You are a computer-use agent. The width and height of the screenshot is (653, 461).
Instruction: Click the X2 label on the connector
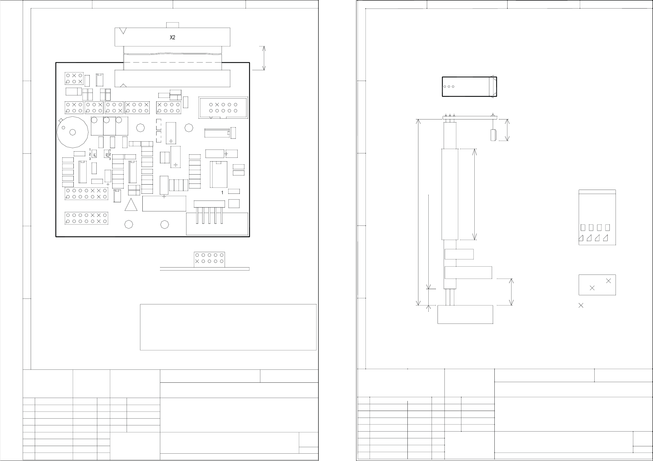[172, 38]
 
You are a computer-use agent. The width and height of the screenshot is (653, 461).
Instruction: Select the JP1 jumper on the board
[94, 155]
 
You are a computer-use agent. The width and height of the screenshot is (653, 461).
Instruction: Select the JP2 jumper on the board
[107, 155]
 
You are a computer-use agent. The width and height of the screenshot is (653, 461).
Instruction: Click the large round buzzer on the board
[72, 132]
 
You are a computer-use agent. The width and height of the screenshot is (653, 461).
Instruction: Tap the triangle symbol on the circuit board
[131, 205]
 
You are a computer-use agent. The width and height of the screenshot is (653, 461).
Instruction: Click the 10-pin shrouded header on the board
[223, 108]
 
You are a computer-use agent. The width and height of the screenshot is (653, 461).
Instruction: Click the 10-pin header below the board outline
[209, 259]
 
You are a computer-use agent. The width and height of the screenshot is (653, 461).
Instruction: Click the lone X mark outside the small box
[581, 306]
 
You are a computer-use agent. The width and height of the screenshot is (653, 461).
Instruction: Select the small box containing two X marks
[597, 285]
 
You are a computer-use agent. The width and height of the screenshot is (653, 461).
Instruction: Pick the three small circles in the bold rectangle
[449, 87]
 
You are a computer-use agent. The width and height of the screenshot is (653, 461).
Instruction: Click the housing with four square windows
[597, 217]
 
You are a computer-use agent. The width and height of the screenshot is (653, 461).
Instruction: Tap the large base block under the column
[465, 314]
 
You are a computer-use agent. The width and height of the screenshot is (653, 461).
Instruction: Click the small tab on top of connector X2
[172, 25]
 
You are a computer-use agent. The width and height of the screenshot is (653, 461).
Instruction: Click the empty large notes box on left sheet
[228, 327]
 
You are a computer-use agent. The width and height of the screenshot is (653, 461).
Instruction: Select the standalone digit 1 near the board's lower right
[223, 193]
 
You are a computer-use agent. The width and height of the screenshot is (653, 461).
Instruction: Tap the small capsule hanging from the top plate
[493, 135]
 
